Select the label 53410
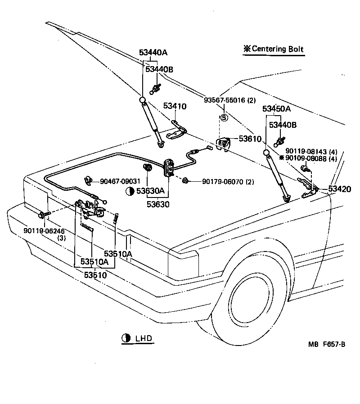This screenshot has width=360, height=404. [175, 106]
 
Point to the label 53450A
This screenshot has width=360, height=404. [276, 109]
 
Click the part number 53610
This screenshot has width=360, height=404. [250, 139]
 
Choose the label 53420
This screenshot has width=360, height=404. [339, 189]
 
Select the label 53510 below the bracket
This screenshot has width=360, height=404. [95, 274]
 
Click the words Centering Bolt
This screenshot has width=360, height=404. [278, 49]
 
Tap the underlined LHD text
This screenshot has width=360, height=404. [143, 338]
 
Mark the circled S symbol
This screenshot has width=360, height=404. [224, 118]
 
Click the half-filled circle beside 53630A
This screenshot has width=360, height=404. [130, 191]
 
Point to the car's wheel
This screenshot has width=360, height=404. [252, 306]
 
